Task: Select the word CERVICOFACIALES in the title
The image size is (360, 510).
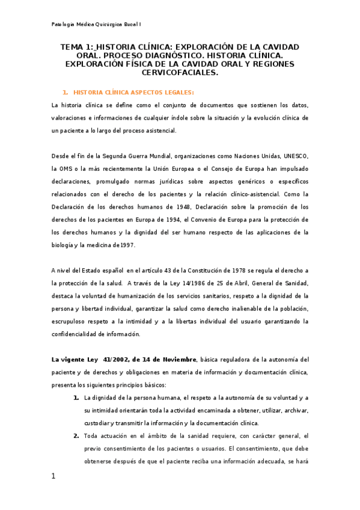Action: [180, 72]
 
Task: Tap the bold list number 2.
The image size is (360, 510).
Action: [76, 436]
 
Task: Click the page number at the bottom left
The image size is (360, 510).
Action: [53, 476]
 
